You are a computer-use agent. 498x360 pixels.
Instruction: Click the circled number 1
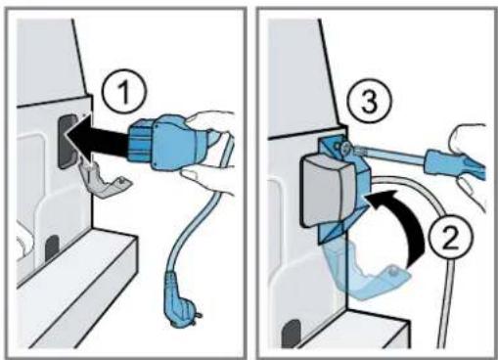click(x=124, y=92)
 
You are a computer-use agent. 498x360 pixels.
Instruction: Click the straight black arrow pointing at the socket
click(x=98, y=141)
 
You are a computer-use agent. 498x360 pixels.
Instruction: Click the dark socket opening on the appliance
click(x=67, y=141)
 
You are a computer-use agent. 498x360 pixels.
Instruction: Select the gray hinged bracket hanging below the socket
click(x=104, y=179)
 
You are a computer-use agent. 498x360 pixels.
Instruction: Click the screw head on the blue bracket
click(x=345, y=147)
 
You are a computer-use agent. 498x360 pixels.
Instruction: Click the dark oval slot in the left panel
click(x=52, y=248)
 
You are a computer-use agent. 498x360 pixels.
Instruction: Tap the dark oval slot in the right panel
click(x=292, y=334)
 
